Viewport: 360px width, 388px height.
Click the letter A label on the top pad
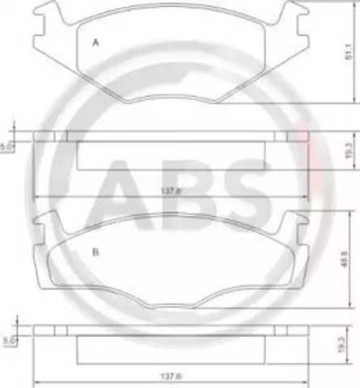point(95,43)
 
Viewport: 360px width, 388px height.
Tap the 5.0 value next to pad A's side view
point(7,147)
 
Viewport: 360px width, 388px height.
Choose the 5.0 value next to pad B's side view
point(7,341)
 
